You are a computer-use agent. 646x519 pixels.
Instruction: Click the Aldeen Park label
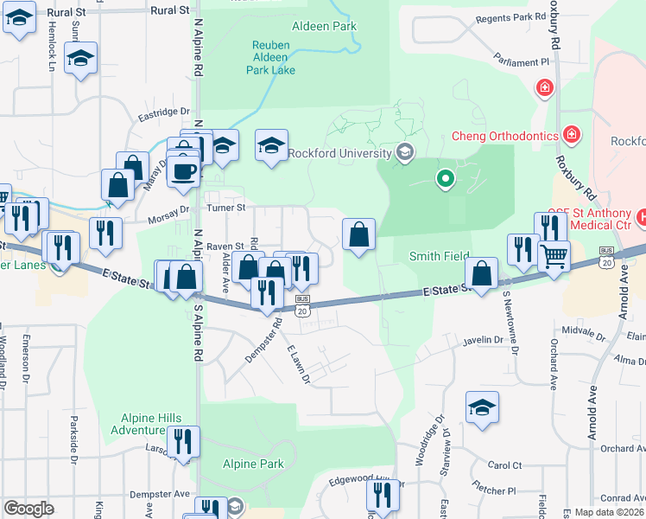click(x=324, y=27)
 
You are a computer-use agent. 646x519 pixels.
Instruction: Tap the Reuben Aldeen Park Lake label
click(x=274, y=58)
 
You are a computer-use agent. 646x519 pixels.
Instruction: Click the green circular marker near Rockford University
click(x=445, y=179)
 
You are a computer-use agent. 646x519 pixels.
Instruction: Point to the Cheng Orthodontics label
click(x=504, y=136)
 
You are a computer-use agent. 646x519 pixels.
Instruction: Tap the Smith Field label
click(x=438, y=256)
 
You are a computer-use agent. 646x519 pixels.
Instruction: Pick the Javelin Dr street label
click(x=482, y=341)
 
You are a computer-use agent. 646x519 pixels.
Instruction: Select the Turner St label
click(x=225, y=208)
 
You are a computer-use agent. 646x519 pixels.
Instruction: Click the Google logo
click(x=28, y=509)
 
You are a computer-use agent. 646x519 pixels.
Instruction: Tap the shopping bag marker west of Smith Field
click(x=358, y=233)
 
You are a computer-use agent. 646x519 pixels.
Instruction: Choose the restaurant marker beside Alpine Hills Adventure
click(x=183, y=441)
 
